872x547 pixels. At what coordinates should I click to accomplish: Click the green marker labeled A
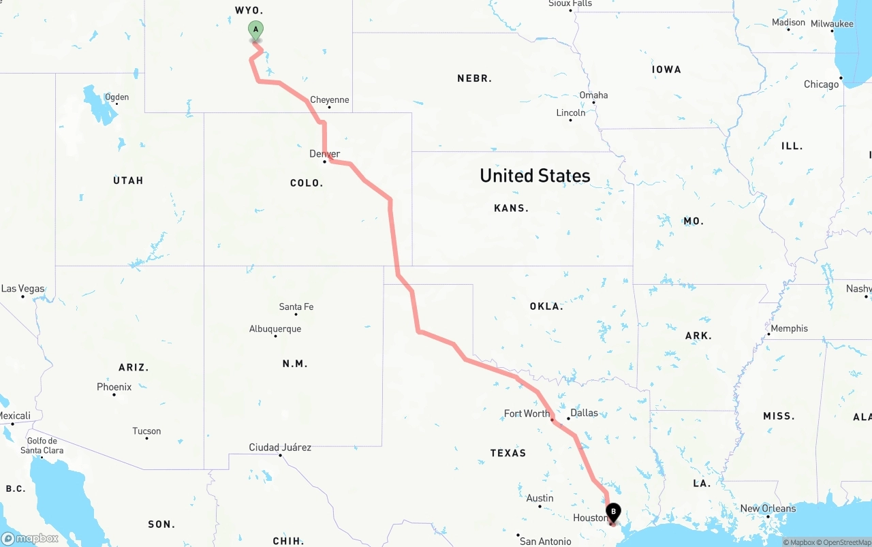(255, 31)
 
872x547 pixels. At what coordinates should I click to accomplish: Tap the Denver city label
(324, 154)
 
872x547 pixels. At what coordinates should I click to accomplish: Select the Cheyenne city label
(330, 100)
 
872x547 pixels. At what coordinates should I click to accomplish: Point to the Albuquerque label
(275, 329)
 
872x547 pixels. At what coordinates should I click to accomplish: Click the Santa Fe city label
(296, 307)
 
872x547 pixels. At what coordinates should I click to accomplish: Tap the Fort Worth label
(527, 413)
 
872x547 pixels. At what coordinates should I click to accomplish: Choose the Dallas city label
(584, 413)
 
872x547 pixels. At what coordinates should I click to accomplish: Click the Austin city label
(540, 499)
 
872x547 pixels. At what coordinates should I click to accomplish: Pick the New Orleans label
(768, 509)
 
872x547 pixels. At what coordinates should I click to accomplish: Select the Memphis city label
(789, 328)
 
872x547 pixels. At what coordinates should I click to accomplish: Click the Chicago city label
(821, 84)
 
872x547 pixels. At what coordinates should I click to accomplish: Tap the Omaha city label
(593, 95)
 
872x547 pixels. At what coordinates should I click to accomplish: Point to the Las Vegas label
(22, 289)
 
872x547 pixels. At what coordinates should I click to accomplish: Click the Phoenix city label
(114, 387)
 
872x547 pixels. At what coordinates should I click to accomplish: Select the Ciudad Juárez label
(280, 448)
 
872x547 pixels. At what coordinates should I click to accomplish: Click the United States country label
(535, 176)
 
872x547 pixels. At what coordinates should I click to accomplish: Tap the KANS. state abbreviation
(511, 208)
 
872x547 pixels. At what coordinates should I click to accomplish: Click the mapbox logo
(30, 538)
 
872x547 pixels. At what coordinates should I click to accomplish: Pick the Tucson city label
(146, 431)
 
